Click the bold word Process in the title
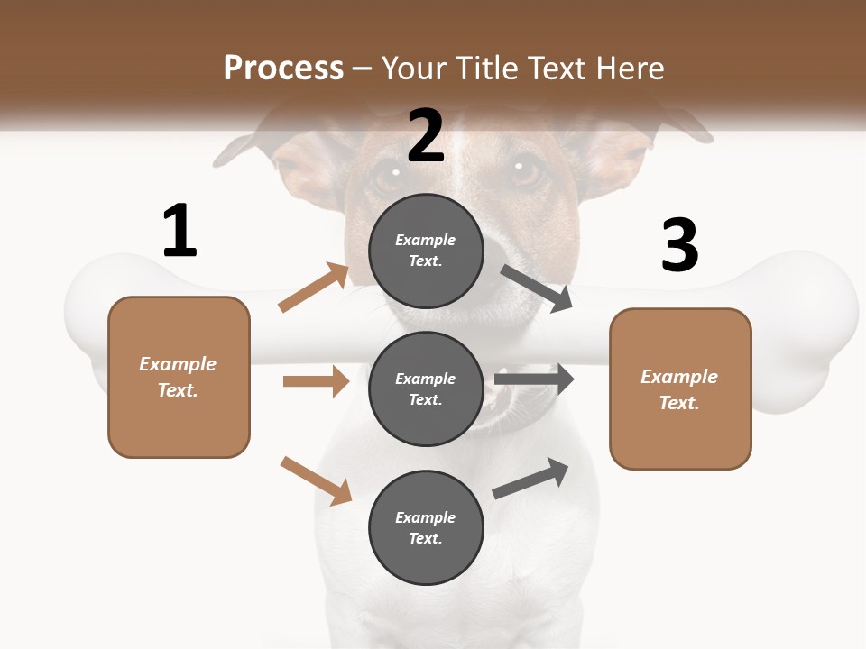pos(283,68)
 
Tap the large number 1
pos(180,231)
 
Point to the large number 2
pos(426,136)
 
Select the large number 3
pos(679,245)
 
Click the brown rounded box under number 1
pos(179,377)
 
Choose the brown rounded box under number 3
pos(680,389)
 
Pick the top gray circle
pos(426,251)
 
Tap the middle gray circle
pos(426,388)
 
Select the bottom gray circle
pos(426,527)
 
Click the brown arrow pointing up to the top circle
pos(314,288)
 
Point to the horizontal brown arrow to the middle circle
pos(316,381)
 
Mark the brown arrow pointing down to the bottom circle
pos(316,480)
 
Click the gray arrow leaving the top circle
pos(536,288)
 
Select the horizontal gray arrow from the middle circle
pos(534,379)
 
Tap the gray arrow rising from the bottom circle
pos(531,479)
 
